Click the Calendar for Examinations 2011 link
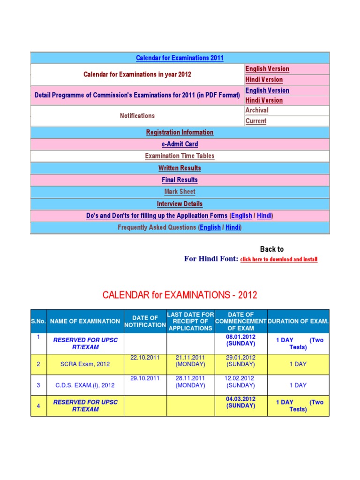pos(180,58)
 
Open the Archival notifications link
pos(257,111)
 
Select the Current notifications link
pos(256,121)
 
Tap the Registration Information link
pos(180,133)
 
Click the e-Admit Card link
pos(180,144)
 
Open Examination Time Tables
pos(180,156)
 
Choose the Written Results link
pos(180,168)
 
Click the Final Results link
pos(180,180)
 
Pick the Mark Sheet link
pos(180,192)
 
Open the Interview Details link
pos(180,204)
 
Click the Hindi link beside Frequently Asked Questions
pos(232,227)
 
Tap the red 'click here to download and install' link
pos(279,259)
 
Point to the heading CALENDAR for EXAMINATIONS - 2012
pos(180,295)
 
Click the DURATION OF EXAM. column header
pos(298,321)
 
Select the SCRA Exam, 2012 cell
pos(85,364)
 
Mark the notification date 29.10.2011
pos(145,378)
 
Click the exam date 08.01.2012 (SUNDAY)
pos(240,340)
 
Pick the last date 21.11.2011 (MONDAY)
pos(190,360)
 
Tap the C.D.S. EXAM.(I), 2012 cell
pos(85,385)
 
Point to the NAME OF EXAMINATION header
pos(85,321)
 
